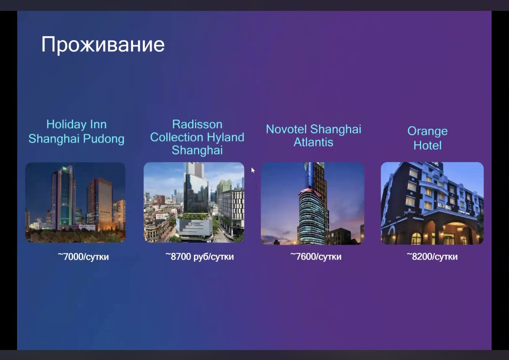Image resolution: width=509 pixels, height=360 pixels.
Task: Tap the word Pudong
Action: click(x=104, y=139)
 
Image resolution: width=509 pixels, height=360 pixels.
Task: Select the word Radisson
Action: click(x=197, y=124)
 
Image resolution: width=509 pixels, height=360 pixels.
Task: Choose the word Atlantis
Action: click(x=313, y=142)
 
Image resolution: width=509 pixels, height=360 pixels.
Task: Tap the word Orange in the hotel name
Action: click(x=428, y=131)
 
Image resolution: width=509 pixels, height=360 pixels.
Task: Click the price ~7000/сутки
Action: click(x=84, y=257)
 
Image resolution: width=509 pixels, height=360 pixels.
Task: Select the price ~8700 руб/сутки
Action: click(x=200, y=257)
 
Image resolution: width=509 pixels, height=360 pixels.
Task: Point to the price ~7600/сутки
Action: click(x=316, y=257)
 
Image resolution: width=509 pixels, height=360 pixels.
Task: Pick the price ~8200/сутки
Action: click(x=432, y=257)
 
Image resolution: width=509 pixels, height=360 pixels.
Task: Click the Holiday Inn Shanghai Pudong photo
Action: click(x=75, y=202)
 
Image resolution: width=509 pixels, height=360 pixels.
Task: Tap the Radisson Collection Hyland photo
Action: click(x=194, y=202)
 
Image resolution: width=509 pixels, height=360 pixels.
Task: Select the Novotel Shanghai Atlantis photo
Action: click(x=313, y=203)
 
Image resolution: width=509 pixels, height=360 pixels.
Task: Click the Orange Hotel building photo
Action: click(x=432, y=203)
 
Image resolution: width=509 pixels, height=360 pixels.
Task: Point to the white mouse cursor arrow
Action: click(x=253, y=170)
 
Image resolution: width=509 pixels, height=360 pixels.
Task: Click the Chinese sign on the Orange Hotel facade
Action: click(x=445, y=206)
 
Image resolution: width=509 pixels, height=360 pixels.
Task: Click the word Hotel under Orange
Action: click(x=428, y=145)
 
